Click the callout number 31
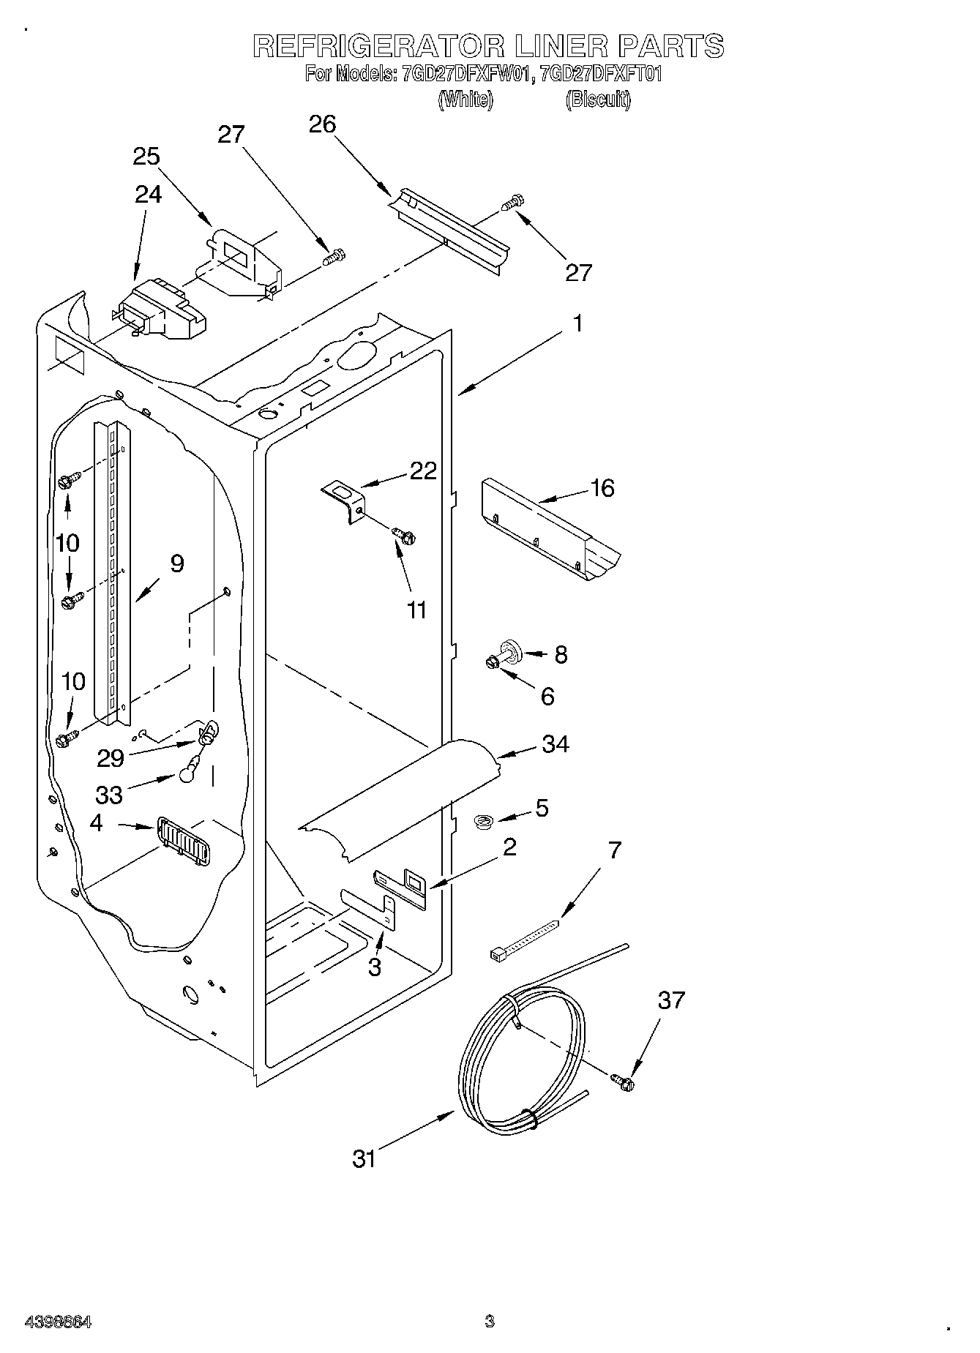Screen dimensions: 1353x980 (364, 1158)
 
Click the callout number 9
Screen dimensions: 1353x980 (176, 563)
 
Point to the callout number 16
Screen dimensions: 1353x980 (602, 487)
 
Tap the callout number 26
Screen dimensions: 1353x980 (322, 124)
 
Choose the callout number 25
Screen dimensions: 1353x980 (146, 157)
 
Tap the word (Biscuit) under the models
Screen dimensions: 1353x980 (597, 100)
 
